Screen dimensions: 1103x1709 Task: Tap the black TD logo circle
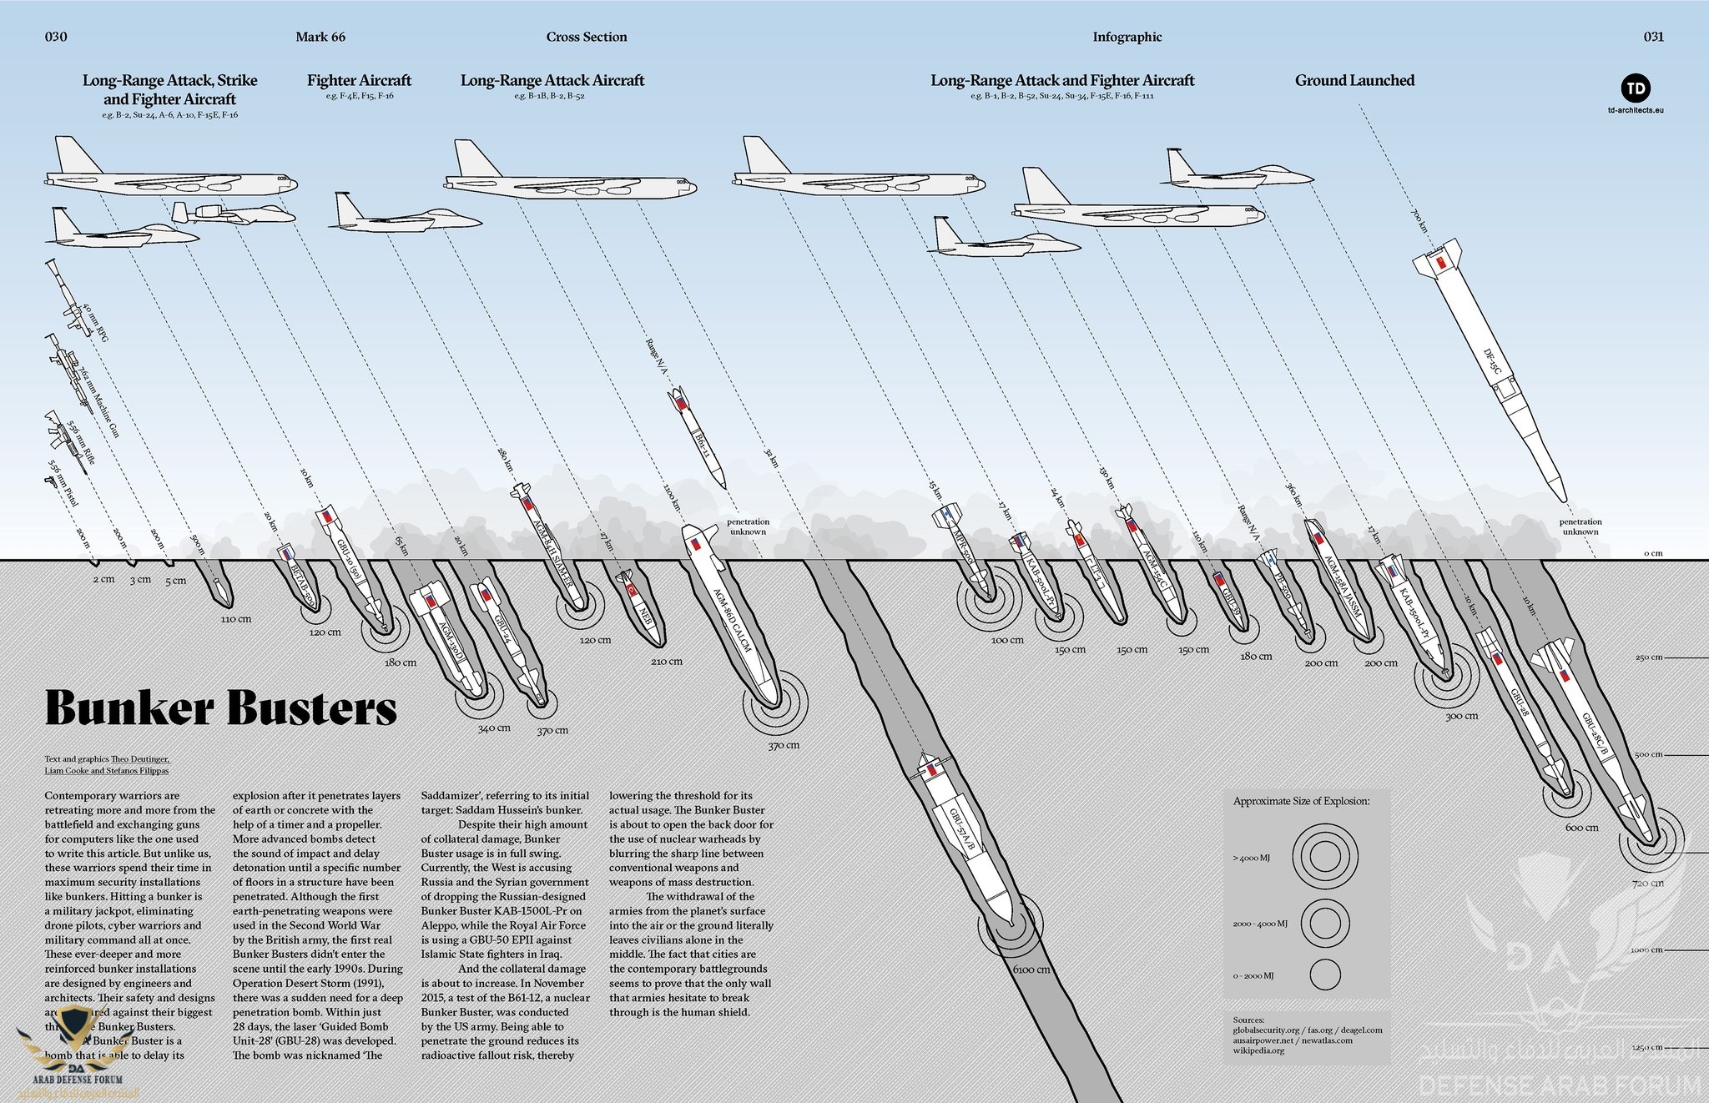[x=1636, y=88]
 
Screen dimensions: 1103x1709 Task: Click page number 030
[x=56, y=37]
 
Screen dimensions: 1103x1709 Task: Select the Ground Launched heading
[x=1354, y=81]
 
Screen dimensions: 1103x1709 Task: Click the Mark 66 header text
[x=320, y=37]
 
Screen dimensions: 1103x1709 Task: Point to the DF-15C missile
[x=1485, y=367]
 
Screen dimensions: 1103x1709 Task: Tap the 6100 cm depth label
[x=1031, y=970]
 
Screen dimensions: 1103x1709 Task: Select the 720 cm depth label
[x=1647, y=883]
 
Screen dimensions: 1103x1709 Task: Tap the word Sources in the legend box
[x=1248, y=1020]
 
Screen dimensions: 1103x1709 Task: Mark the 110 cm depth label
[x=236, y=619]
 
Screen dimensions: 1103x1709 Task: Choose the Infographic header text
[x=1127, y=37]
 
